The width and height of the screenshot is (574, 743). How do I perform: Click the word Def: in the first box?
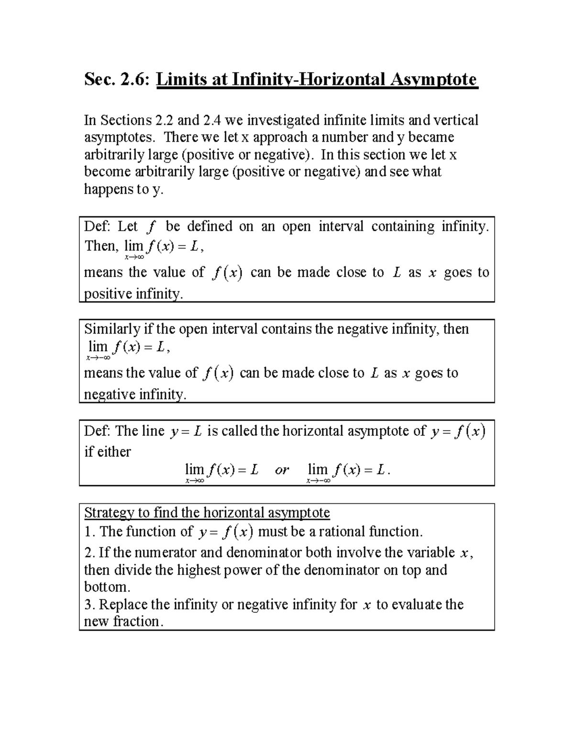pos(98,226)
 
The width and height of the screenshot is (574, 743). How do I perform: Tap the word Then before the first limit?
pos(99,246)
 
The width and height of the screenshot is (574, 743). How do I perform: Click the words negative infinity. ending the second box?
pos(134,395)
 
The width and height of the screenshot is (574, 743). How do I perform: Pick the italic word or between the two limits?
pos(282,470)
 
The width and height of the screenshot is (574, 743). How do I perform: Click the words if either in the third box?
pos(108,452)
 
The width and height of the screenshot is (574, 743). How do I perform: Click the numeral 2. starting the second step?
pos(89,553)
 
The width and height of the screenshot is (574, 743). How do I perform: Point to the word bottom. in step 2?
pos(107,587)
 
